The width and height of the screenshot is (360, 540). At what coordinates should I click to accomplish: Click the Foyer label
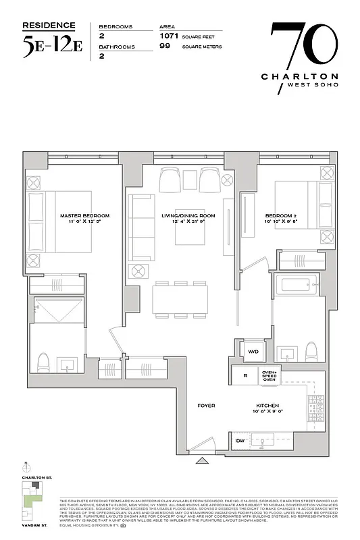(x=206, y=406)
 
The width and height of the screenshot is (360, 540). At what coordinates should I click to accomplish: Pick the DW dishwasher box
(x=240, y=441)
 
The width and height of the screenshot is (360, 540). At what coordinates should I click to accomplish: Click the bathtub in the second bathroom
(x=298, y=288)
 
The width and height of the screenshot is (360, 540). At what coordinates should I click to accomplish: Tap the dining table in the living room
(x=181, y=298)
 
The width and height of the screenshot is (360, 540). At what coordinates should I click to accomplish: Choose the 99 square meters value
(x=163, y=47)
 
